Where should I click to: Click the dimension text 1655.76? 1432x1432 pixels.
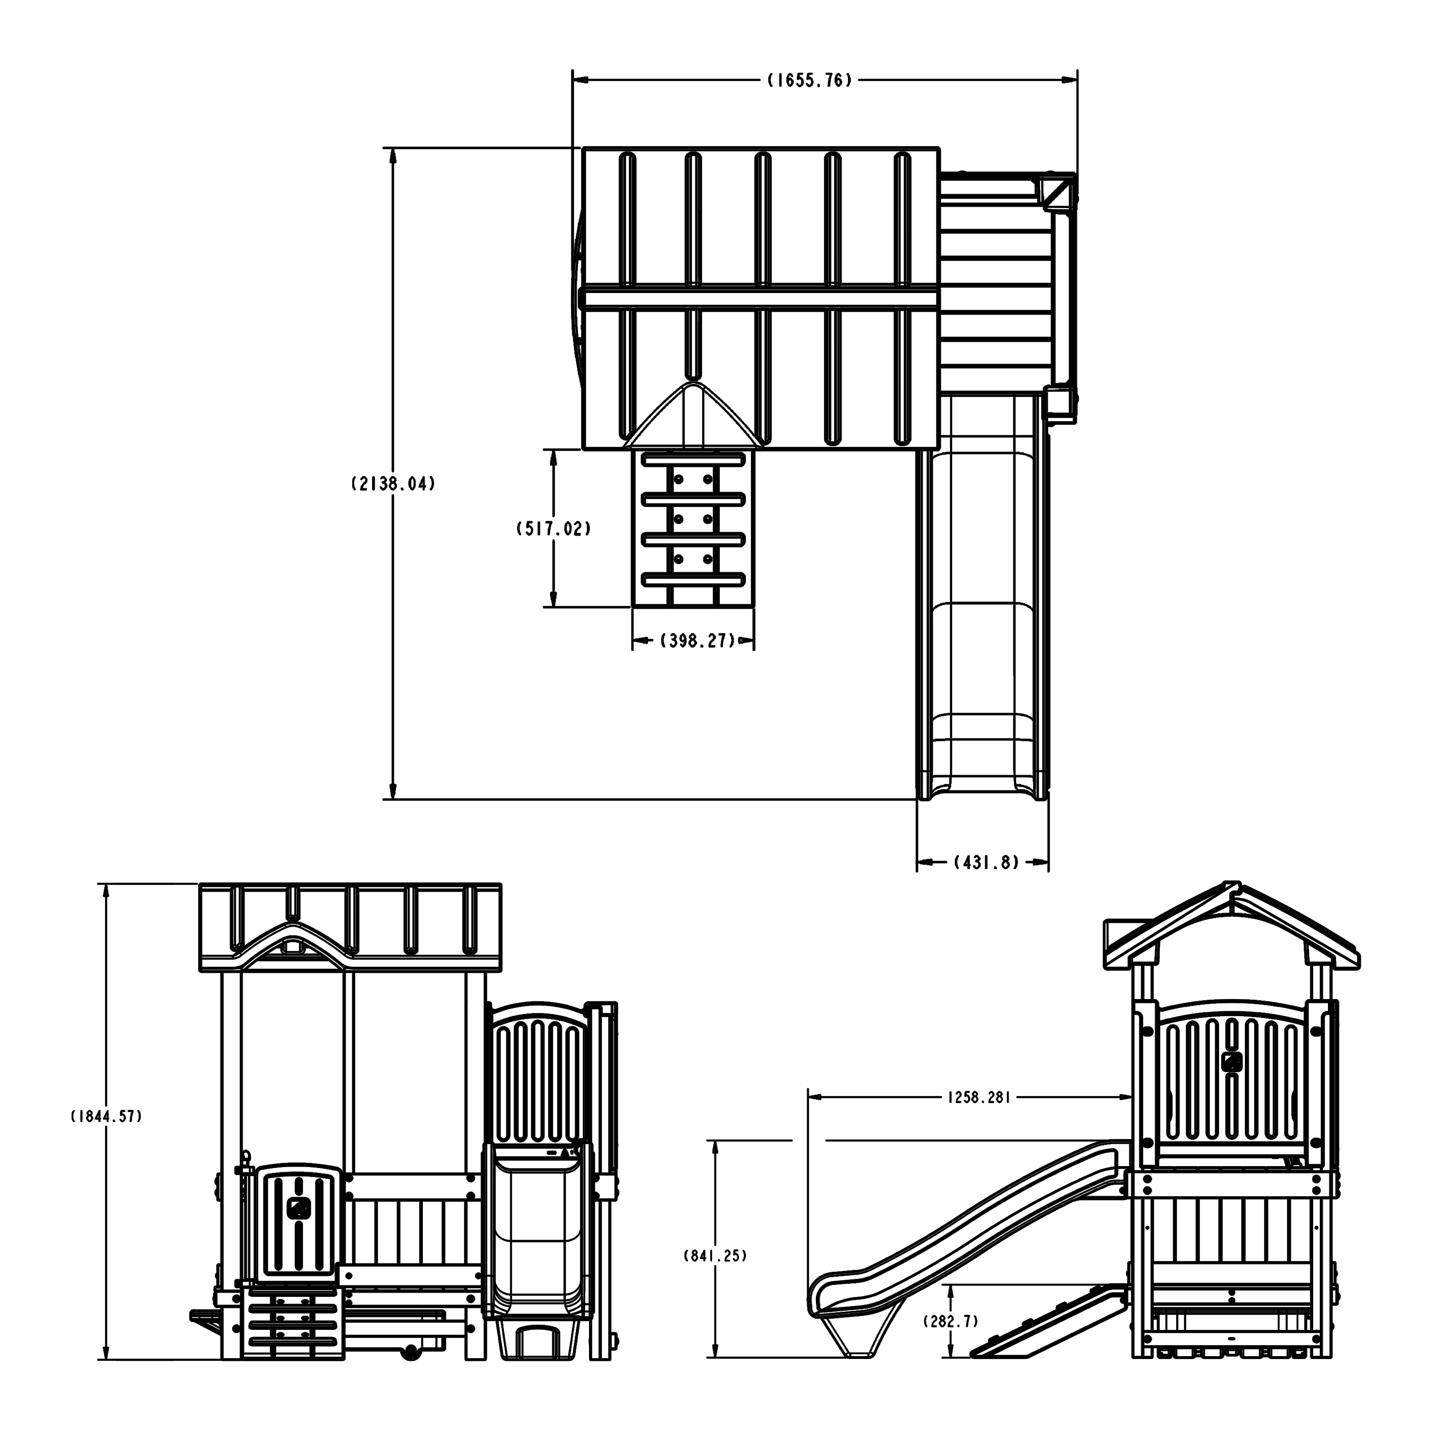point(810,80)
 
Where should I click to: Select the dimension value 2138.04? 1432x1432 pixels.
point(393,484)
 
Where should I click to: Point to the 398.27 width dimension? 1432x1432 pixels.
point(697,641)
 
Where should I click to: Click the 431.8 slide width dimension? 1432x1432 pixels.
point(986,862)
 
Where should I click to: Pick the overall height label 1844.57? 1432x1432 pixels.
point(106,1116)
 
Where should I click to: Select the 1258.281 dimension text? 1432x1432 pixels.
point(979,1097)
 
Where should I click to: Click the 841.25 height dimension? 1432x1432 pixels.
point(715,1255)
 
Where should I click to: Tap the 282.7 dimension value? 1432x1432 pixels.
point(950,1321)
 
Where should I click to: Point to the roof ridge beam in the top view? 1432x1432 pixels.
point(760,298)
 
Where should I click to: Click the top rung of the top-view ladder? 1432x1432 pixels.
point(693,460)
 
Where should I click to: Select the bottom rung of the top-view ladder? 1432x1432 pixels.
point(693,579)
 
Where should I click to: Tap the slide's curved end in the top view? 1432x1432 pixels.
point(983,786)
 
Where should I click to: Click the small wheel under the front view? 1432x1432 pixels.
point(409,1373)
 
